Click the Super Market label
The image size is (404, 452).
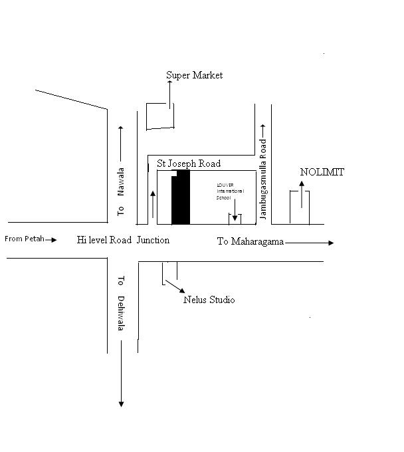[194, 76]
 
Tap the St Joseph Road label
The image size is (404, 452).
[189, 164]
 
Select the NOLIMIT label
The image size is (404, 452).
[322, 172]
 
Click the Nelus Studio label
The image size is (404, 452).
[209, 300]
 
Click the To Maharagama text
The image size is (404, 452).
[251, 242]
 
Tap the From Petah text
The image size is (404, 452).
[24, 239]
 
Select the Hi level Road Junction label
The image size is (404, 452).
[123, 240]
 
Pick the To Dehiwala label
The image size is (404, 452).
[121, 303]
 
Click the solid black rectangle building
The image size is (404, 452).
[181, 198]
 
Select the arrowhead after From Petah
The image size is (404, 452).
[54, 239]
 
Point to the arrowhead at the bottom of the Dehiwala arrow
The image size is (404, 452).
[121, 403]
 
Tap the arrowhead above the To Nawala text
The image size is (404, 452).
[120, 128]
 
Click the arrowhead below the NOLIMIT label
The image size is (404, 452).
[302, 184]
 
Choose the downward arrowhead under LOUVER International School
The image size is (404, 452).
[235, 218]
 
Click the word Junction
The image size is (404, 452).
[153, 240]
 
